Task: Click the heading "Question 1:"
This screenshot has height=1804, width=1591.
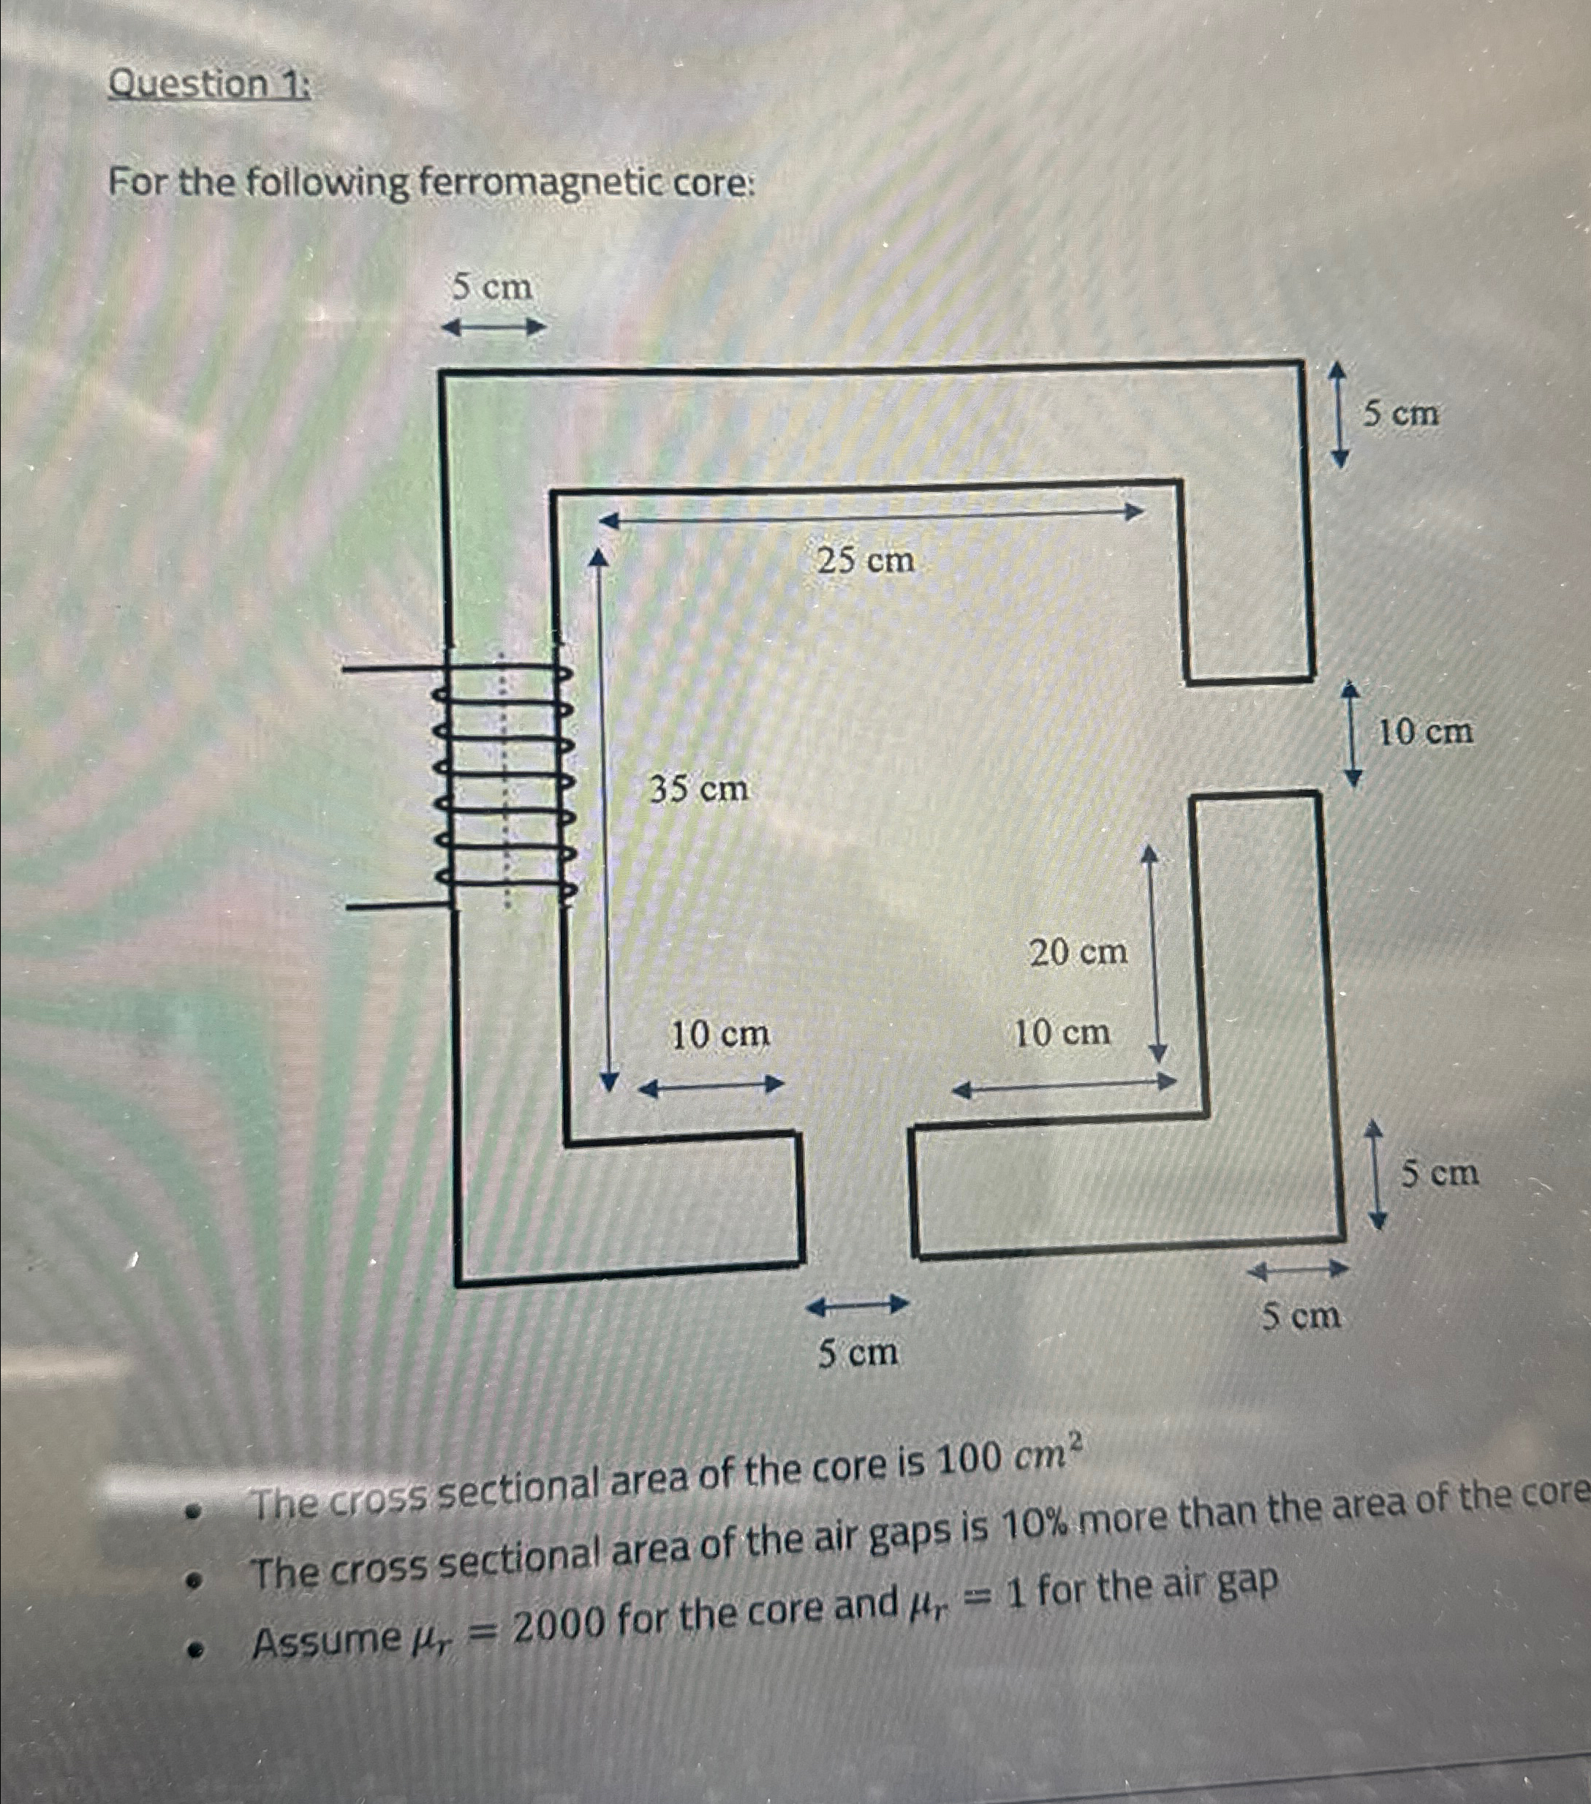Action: tap(208, 85)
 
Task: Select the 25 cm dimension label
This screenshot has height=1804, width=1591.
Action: tap(866, 559)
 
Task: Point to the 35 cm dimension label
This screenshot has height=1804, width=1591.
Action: tap(699, 788)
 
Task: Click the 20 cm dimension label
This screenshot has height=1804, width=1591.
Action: tap(1078, 952)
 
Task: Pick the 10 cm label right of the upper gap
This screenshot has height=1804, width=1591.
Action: tap(1425, 731)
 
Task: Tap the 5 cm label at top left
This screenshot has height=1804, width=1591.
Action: tap(492, 287)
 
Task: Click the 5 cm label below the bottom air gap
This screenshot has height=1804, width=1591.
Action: tap(858, 1352)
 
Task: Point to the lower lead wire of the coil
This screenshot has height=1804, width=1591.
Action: tap(397, 905)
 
